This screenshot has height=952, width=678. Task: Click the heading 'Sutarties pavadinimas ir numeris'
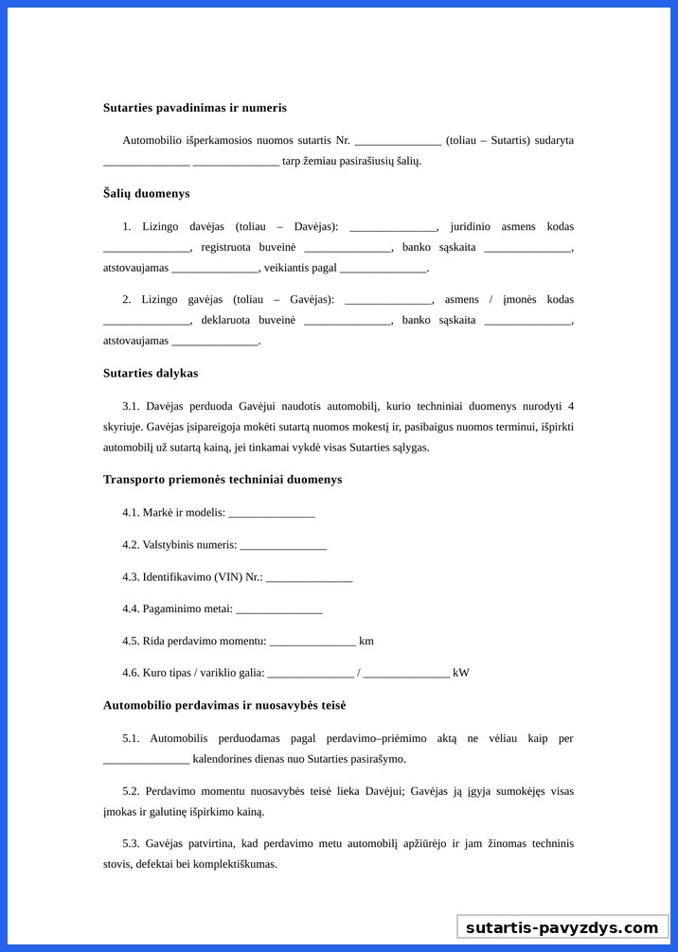194,108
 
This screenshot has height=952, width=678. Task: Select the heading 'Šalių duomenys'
146,193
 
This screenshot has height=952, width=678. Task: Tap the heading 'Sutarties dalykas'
150,373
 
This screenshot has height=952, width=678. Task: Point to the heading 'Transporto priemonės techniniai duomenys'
222,479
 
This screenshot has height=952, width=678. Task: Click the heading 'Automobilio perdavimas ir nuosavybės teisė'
223,705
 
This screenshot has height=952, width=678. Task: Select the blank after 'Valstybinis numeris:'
283,546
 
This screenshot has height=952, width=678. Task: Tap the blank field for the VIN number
309,578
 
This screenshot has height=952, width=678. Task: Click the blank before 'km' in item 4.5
312,643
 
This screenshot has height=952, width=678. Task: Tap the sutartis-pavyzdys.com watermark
562,927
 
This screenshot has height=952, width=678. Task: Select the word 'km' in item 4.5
366,641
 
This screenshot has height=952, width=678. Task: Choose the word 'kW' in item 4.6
461,673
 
